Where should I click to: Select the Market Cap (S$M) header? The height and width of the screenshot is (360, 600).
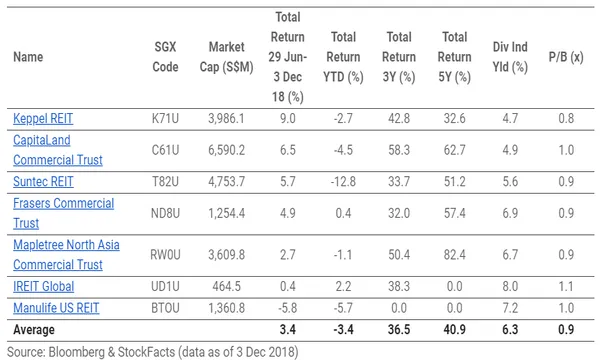click(233, 57)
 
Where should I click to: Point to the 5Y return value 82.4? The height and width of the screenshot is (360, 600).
click(455, 254)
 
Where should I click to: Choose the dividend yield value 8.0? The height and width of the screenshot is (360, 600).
click(510, 285)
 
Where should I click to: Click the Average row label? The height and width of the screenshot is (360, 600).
click(34, 329)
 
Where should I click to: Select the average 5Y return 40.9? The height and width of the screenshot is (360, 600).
click(455, 329)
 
